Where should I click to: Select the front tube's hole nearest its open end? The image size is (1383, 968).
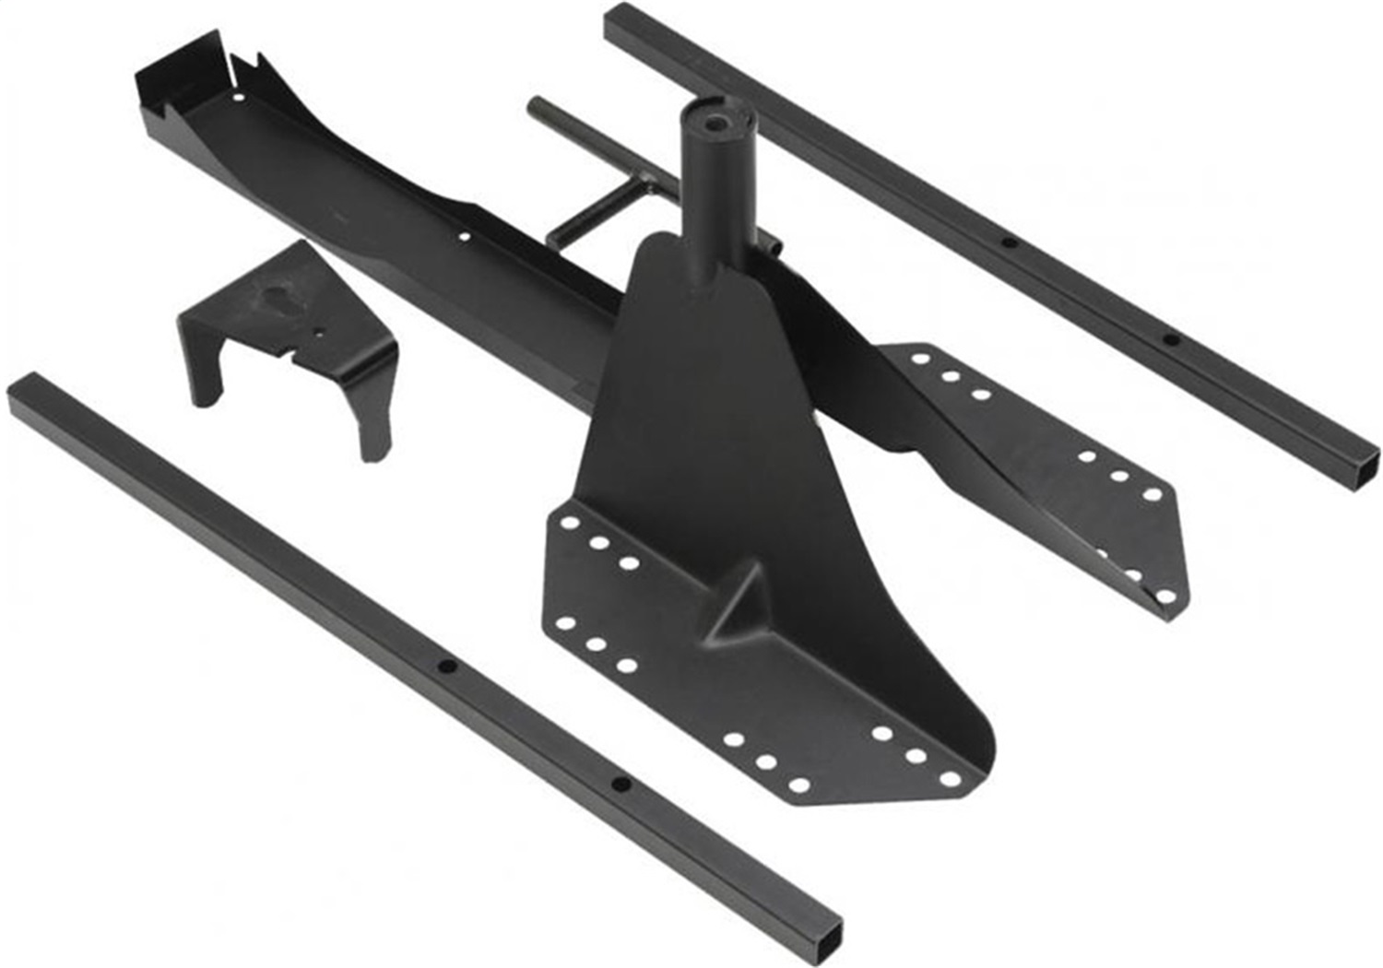pos(621,785)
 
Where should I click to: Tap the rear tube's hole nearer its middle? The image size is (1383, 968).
pos(1010,243)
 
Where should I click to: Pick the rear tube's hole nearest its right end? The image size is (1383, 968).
pos(1170,340)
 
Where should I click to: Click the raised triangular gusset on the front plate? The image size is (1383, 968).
pos(738,608)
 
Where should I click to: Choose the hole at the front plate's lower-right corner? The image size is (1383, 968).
pos(949,780)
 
